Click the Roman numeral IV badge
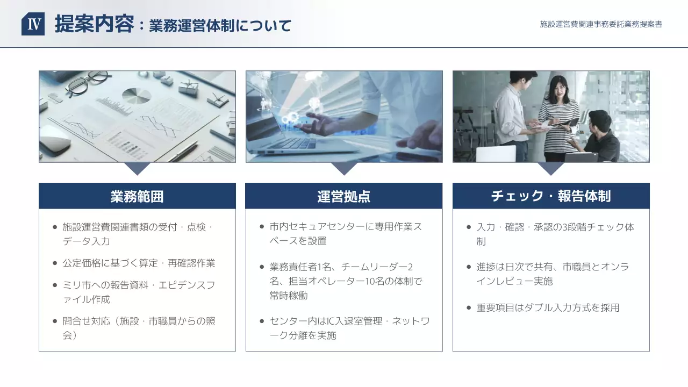click(x=33, y=24)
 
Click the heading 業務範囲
click(x=137, y=196)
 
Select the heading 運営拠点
click(x=343, y=196)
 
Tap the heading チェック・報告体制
click(x=551, y=196)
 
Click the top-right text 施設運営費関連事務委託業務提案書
click(x=601, y=24)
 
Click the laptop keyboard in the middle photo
click(x=293, y=143)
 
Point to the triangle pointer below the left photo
click(x=137, y=168)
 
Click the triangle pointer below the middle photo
click(x=344, y=168)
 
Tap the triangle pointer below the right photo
click(x=551, y=168)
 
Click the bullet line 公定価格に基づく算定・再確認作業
click(x=139, y=263)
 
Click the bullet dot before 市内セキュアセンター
click(x=262, y=227)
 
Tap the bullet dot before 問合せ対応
click(x=55, y=321)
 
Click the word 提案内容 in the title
click(x=94, y=24)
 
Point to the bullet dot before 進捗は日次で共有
click(x=469, y=267)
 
